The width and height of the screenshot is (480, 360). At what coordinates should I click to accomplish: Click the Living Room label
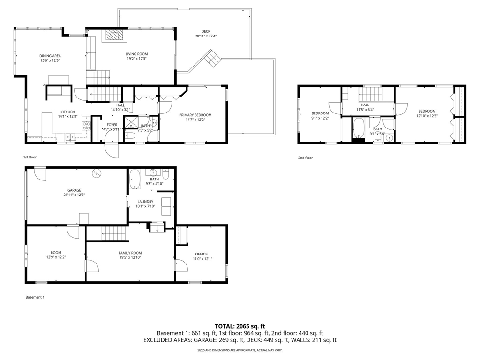pyautogui.click(x=136, y=54)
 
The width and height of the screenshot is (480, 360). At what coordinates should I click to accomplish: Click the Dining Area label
pyautogui.click(x=50, y=56)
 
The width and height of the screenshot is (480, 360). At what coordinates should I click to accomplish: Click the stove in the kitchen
pyautogui.click(x=86, y=126)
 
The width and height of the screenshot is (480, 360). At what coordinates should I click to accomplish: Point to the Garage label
pyautogui.click(x=74, y=190)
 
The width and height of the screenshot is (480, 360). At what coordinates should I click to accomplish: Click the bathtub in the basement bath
pyautogui.click(x=135, y=180)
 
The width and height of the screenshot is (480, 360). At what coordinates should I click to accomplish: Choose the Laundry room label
pyautogui.click(x=145, y=202)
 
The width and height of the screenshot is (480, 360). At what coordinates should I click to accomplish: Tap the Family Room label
pyautogui.click(x=130, y=253)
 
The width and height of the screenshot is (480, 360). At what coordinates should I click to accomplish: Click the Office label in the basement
pyautogui.click(x=202, y=254)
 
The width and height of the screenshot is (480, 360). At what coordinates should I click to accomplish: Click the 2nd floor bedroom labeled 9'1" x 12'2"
pyautogui.click(x=320, y=113)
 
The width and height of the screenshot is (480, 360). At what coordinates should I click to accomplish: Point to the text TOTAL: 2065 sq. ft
pyautogui.click(x=240, y=326)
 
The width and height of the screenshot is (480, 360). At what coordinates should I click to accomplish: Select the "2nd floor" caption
pyautogui.click(x=305, y=158)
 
